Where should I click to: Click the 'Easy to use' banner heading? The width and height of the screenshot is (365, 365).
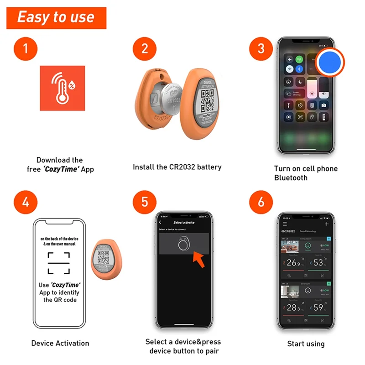click(x=56, y=17)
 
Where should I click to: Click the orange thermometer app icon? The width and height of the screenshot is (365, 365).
click(x=62, y=88)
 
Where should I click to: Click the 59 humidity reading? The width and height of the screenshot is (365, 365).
click(x=318, y=308)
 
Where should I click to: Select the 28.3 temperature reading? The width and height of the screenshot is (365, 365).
click(x=293, y=308)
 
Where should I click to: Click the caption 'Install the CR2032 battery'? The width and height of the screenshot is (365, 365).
click(x=177, y=167)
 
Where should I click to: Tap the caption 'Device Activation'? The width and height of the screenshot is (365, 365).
click(x=60, y=343)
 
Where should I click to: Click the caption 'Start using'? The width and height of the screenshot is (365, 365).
click(x=306, y=344)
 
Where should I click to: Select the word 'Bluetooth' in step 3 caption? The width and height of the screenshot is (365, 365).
click(x=291, y=177)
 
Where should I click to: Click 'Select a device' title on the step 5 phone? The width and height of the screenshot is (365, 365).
click(x=184, y=222)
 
